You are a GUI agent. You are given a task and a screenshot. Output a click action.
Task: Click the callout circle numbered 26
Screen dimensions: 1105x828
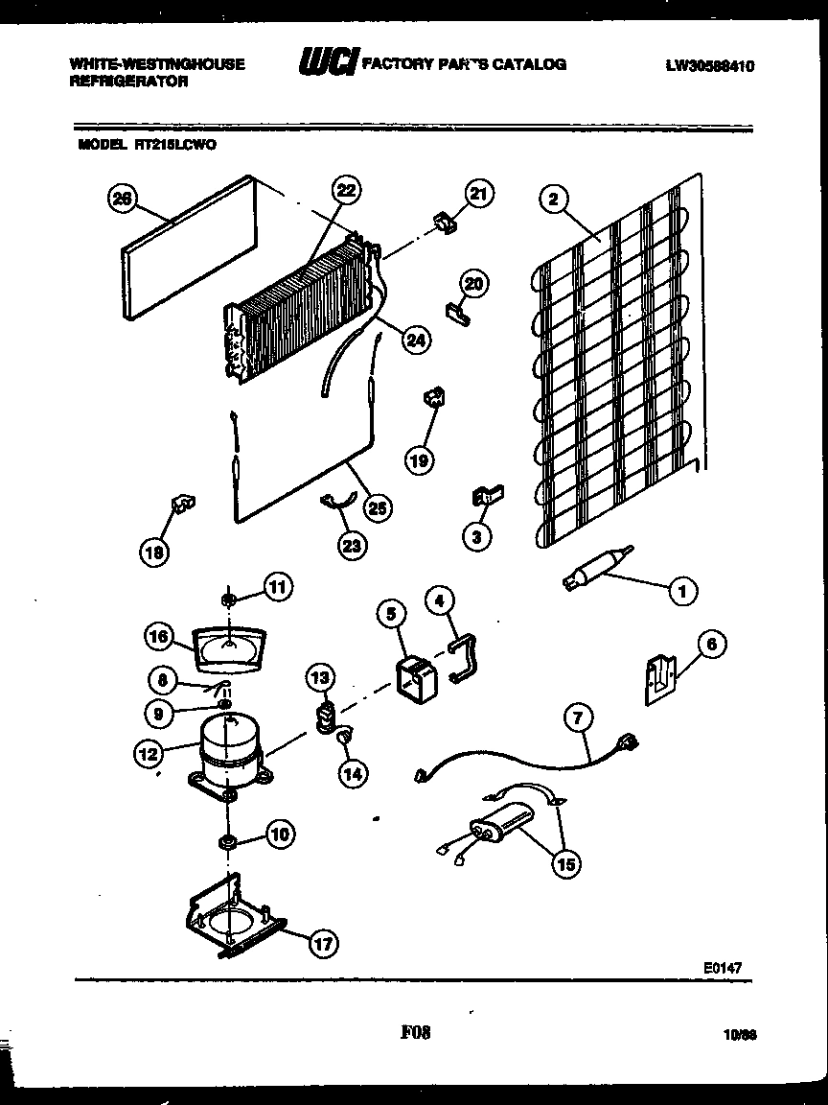pyautogui.click(x=121, y=200)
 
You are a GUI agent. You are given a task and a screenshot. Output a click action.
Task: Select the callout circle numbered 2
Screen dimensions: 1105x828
pyautogui.click(x=553, y=200)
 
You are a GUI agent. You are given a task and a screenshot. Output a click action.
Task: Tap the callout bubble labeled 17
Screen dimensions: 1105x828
pyautogui.click(x=323, y=944)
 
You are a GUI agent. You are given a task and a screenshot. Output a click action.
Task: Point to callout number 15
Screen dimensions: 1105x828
pyautogui.click(x=566, y=864)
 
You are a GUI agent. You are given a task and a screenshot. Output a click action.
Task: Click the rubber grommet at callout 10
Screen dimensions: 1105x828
pyautogui.click(x=229, y=843)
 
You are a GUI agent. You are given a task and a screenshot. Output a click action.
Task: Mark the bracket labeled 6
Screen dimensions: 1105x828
pyautogui.click(x=660, y=678)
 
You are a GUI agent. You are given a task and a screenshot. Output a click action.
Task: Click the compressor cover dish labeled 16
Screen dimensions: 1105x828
pyautogui.click(x=228, y=650)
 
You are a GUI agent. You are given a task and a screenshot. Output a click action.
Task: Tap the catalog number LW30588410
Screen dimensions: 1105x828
pyautogui.click(x=710, y=65)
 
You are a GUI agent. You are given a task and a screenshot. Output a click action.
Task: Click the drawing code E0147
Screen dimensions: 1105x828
pyautogui.click(x=723, y=969)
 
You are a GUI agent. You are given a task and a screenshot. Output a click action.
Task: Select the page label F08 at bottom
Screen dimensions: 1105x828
pyautogui.click(x=415, y=1033)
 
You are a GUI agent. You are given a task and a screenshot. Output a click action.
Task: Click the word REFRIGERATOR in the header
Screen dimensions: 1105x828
pyautogui.click(x=128, y=82)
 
